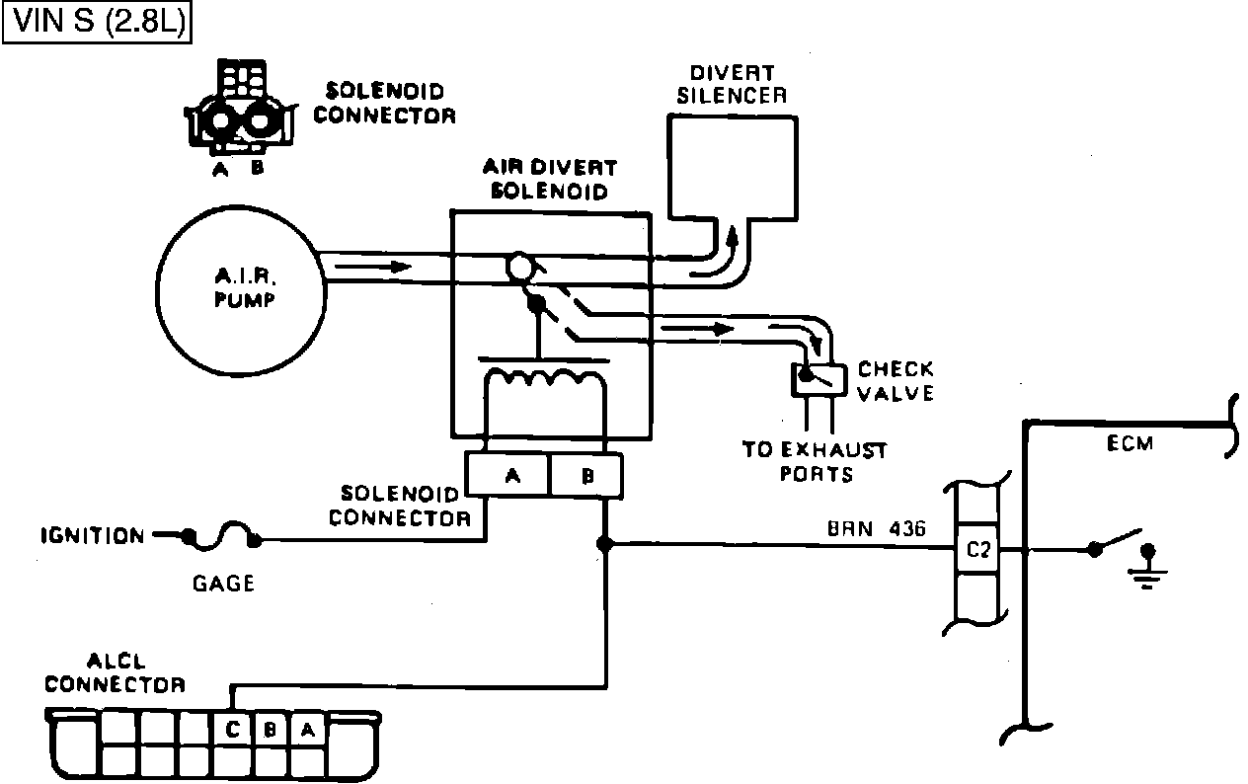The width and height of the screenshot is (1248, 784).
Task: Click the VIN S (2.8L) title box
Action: coord(97,23)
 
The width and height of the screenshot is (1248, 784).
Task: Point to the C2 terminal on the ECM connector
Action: coord(977,550)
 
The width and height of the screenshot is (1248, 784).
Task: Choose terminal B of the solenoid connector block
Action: coord(586,475)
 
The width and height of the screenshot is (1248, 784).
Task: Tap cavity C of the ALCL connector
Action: coord(233,729)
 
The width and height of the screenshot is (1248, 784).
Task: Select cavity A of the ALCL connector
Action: coord(308,729)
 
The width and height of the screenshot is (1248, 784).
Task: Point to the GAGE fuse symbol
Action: coord(221,536)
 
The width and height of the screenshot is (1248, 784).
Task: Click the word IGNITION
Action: coord(93,536)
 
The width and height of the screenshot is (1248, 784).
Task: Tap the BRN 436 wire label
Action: coord(877,528)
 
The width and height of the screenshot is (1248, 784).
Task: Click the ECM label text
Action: coord(1130,443)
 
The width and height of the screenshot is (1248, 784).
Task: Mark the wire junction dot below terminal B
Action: coord(605,543)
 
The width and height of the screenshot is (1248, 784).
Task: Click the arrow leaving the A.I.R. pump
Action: coord(373,267)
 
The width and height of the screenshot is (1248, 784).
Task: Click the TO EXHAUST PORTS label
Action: coord(816,462)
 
